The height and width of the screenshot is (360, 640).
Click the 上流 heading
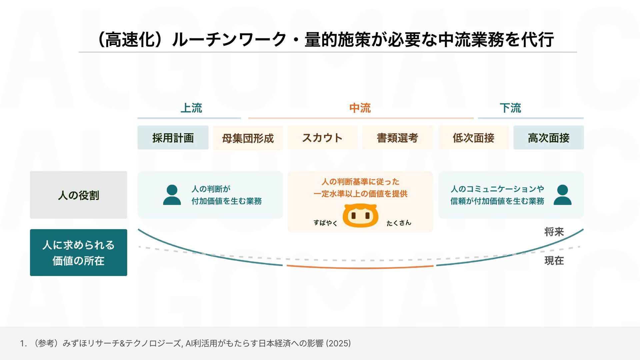point(191,108)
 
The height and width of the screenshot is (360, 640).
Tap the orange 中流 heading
point(360,108)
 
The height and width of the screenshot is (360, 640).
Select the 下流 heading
point(510,108)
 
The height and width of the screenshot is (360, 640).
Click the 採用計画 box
point(173,138)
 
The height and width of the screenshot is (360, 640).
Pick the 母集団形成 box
point(248,138)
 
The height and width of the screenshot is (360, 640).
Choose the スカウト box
point(322,138)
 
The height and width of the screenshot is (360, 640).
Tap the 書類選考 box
point(397,138)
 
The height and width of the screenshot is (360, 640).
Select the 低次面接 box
point(473,138)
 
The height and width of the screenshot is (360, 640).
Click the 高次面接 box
point(548,138)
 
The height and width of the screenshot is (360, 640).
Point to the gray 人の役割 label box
point(78,195)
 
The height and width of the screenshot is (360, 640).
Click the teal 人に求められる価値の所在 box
point(78,253)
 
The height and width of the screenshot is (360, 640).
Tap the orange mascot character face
point(361,216)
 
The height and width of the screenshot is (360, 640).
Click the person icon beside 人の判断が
point(172,195)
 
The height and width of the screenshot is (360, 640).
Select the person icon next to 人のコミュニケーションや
point(562,195)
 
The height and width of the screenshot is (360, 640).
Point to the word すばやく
point(325,223)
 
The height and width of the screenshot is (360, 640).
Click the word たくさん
point(399,223)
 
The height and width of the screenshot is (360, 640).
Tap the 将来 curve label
point(554,232)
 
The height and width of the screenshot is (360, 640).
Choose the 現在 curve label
point(554,260)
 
